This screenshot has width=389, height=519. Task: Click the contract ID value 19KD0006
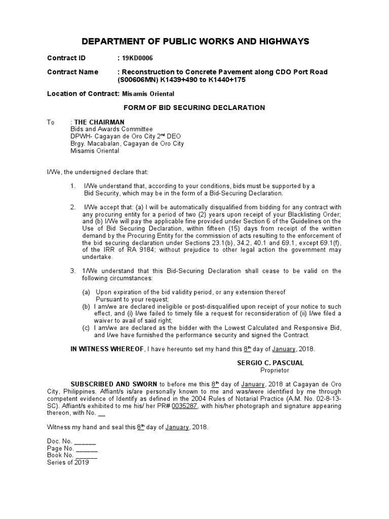(137, 58)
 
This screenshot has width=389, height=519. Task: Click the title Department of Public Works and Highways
(194, 41)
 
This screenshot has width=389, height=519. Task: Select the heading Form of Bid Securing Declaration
(194, 107)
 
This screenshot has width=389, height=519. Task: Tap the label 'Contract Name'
(73, 72)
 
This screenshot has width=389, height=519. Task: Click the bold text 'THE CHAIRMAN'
(99, 122)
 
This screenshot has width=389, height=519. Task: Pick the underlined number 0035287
(185, 406)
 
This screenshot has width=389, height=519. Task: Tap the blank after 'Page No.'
(87, 448)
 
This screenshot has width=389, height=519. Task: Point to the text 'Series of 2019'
(68, 462)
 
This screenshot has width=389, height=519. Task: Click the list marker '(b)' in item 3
(87, 307)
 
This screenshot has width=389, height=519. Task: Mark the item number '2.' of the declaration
(73, 207)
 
